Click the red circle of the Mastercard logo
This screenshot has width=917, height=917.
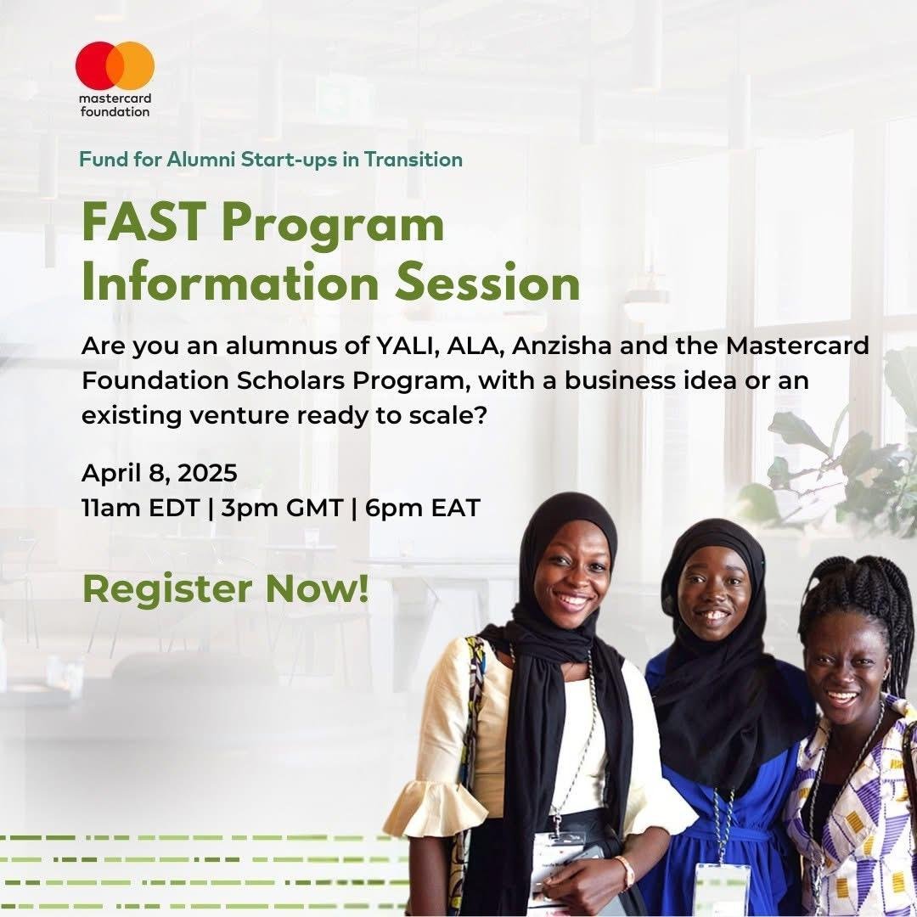coord(93,65)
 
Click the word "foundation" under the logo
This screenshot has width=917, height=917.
coord(115,111)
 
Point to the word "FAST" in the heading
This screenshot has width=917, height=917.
coord(143,222)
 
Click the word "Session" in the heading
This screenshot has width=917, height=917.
coord(487,283)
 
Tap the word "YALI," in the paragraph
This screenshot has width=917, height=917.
coord(407,346)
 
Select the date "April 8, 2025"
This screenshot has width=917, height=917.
coord(159,473)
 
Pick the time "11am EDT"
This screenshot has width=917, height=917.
coord(141,508)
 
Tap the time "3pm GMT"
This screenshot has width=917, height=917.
coord(282,508)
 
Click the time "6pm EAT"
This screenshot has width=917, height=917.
coord(422,508)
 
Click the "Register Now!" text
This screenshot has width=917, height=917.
coord(226,588)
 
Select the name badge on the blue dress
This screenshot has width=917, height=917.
coord(723,890)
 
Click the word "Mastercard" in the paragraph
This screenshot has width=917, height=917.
coord(797,346)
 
